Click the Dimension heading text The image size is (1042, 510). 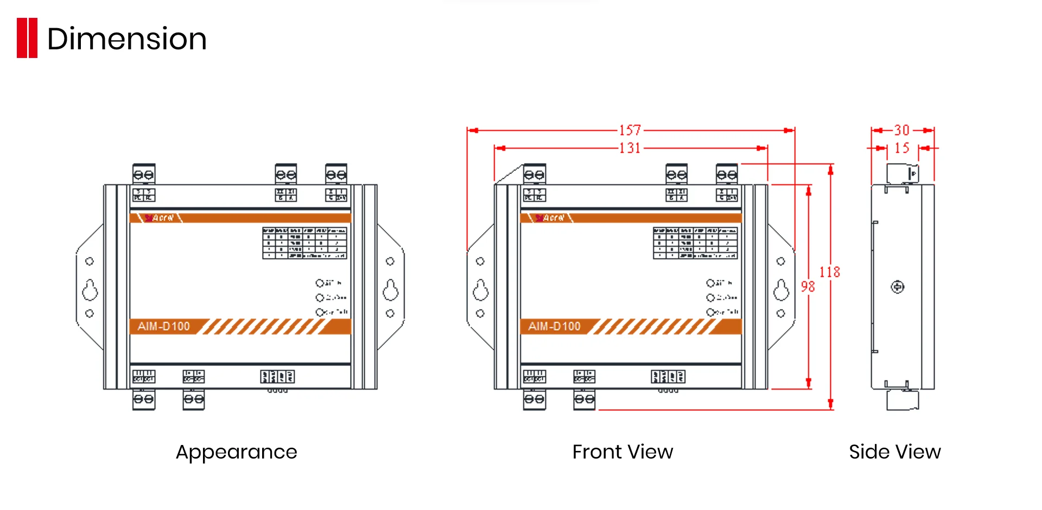coord(127,39)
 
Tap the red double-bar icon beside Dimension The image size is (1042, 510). coord(27,38)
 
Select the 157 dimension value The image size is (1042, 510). coord(630,130)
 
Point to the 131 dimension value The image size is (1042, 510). coord(630,148)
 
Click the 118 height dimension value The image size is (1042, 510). coord(829,272)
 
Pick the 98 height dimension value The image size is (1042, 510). coord(808,286)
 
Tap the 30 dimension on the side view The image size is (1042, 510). coord(901,130)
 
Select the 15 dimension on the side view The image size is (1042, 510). coord(901,148)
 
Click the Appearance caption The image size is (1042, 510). coord(236,451)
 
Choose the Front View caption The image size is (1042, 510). coord(622,451)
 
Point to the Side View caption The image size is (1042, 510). coord(894,451)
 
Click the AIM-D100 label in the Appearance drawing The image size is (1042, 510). coord(163,326)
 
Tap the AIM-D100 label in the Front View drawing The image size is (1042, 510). coord(554,326)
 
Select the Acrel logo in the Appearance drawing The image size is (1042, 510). coord(160,218)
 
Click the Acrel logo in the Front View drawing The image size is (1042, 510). coord(550,218)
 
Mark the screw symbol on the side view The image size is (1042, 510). coord(898,287)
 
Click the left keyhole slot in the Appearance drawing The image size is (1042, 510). coord(90,289)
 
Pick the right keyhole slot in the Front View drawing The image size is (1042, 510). coord(781,289)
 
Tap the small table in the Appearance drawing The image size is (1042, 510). coord(304,243)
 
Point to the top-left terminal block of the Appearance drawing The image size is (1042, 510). coord(144,174)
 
